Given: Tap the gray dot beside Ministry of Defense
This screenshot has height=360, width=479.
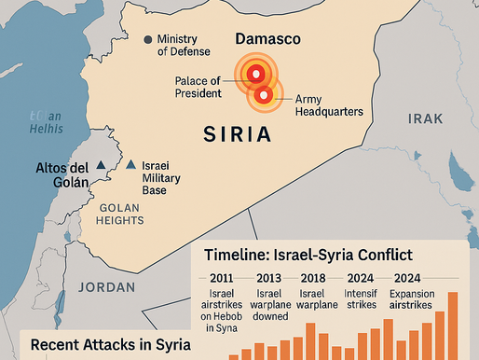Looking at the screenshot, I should pyautogui.click(x=146, y=39).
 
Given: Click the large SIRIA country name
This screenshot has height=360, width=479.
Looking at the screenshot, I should pyautogui.click(x=238, y=135).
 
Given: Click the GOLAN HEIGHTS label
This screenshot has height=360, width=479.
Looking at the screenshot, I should pyautogui.click(x=119, y=214).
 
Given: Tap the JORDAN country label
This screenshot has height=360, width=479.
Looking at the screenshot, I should pyautogui.click(x=107, y=286).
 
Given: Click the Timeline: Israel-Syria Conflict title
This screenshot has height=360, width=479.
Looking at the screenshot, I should pyautogui.click(x=314, y=255).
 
